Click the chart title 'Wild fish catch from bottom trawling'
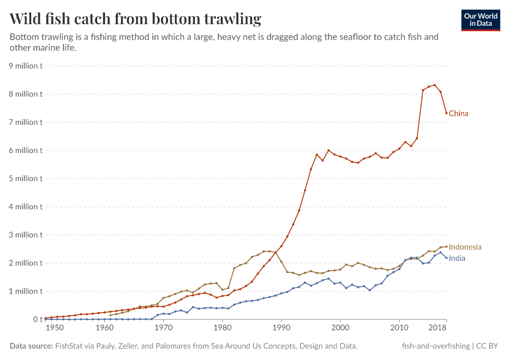pyautogui.click(x=136, y=19)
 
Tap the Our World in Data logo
pyautogui.click(x=480, y=20)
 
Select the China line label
pyautogui.click(x=458, y=113)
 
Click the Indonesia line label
pyautogui.click(x=465, y=247)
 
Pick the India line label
pyautogui.click(x=457, y=259)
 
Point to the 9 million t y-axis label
pyautogui.click(x=25, y=66)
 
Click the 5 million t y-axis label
pyautogui.click(x=25, y=179)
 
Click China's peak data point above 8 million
pyautogui.click(x=434, y=85)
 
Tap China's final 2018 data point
pyautogui.click(x=446, y=113)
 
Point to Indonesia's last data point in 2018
pyautogui.click(x=446, y=246)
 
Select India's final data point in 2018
pyautogui.click(x=446, y=258)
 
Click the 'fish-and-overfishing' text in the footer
pyautogui.click(x=436, y=346)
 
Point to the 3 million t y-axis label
pyautogui.click(x=25, y=235)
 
